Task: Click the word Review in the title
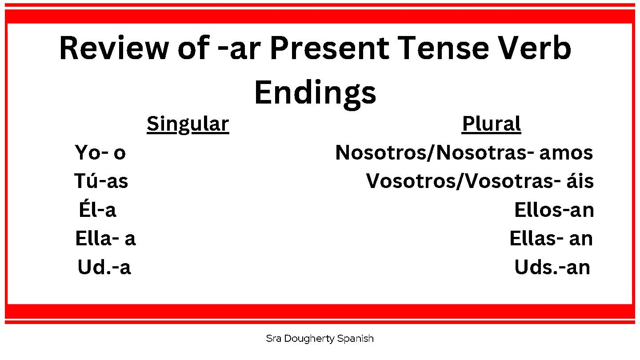(x=114, y=48)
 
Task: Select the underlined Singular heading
(x=188, y=124)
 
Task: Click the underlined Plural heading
(x=492, y=124)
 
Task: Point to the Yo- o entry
(x=100, y=152)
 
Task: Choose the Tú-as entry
(x=101, y=180)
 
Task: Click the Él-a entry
(x=97, y=209)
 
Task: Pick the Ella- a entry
(x=105, y=238)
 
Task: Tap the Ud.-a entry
(x=104, y=267)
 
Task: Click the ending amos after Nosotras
(x=566, y=153)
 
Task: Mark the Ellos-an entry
(x=554, y=210)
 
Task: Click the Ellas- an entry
(x=551, y=239)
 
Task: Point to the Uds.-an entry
(x=552, y=267)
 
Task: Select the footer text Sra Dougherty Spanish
(x=320, y=339)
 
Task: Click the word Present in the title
(x=329, y=48)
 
